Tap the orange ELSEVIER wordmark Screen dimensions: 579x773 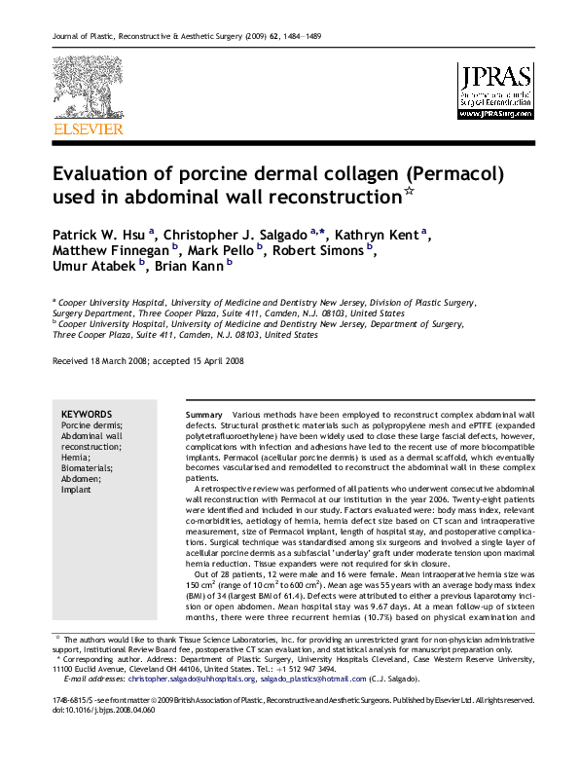(x=89, y=129)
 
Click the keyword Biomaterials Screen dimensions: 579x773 (x=89, y=468)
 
